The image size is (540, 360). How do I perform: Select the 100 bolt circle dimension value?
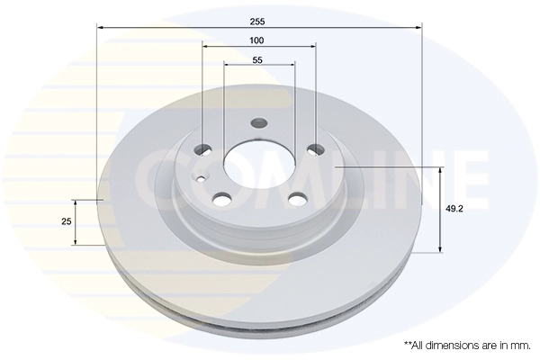coord(257,40)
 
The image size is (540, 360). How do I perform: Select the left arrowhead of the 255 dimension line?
coord(100,28)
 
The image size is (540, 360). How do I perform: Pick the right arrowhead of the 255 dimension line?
coord(418,28)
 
